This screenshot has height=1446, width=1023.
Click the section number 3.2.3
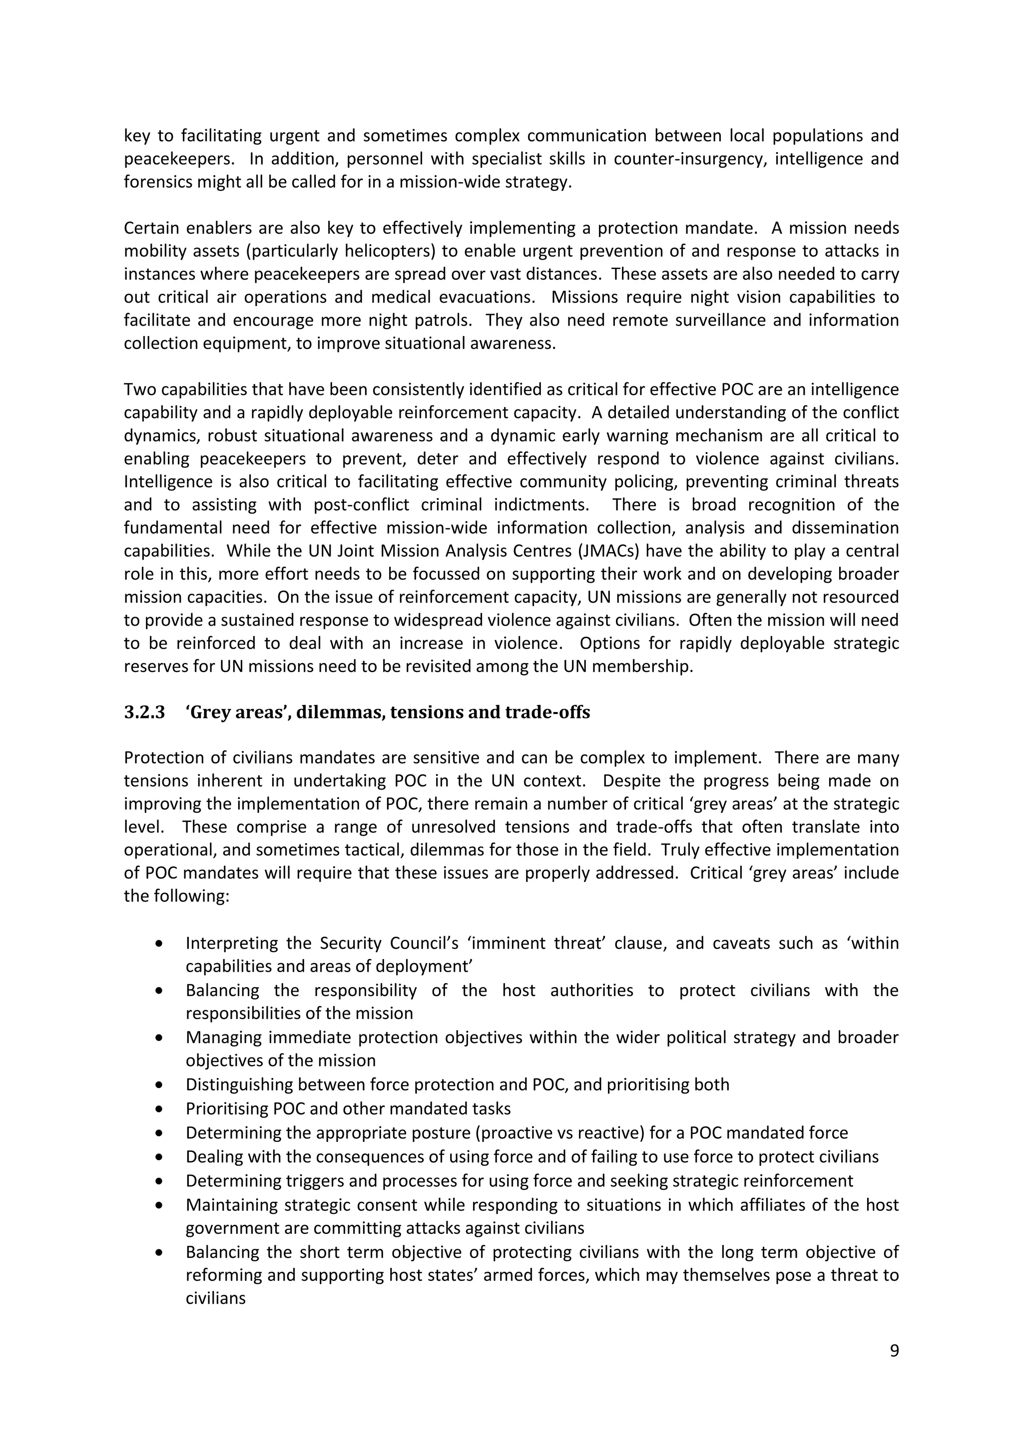pos(144,713)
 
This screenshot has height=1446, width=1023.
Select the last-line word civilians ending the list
pos(215,1299)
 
